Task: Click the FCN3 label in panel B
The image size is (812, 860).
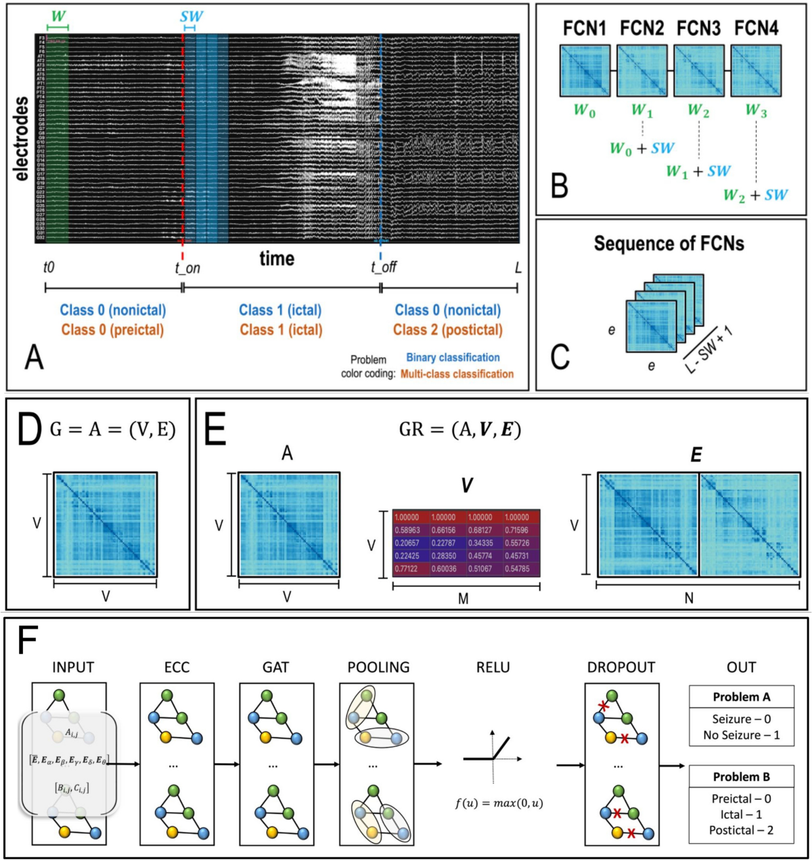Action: [699, 28]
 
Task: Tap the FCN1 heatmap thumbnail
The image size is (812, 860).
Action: [585, 70]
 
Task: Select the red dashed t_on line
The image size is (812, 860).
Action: [183, 135]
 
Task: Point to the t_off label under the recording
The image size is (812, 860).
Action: [383, 267]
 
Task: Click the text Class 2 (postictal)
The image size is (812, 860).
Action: [447, 330]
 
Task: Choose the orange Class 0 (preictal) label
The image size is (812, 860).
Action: [112, 330]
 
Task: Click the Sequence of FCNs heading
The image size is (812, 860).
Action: [669, 243]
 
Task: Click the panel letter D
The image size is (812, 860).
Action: [29, 431]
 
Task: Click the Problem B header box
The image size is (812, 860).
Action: [741, 777]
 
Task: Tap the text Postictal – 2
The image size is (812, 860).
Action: [741, 830]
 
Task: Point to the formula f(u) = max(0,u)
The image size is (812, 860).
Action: [499, 804]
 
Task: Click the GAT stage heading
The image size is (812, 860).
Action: [275, 667]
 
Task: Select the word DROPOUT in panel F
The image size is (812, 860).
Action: [621, 667]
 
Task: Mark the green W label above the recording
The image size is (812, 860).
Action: [58, 16]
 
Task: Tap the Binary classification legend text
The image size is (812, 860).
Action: [453, 358]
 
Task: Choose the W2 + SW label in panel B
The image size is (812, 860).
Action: [755, 195]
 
